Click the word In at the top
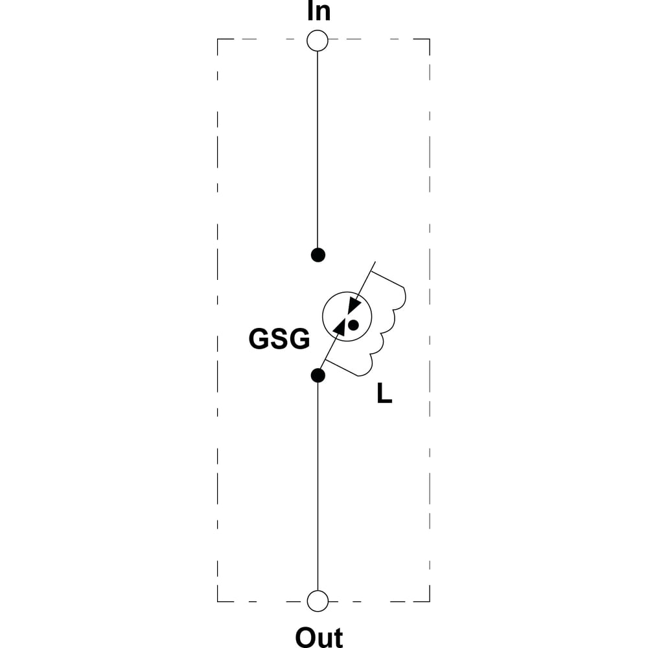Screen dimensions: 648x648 319,11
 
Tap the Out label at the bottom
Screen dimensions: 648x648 319,638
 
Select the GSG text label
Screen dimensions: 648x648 279,339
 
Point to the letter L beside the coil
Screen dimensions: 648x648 384,393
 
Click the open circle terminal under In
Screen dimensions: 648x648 318,40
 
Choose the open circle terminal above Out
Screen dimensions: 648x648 318,601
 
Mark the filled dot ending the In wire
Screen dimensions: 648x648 318,255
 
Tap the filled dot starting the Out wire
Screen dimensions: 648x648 318,375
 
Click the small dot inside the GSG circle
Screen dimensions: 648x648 353,325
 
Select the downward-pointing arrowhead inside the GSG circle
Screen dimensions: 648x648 354,306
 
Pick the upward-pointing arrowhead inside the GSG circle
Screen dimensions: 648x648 339,327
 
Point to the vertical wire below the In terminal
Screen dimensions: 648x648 318,149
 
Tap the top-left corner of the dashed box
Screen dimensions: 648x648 217,40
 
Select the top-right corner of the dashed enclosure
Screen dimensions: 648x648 430,40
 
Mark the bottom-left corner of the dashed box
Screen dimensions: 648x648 217,601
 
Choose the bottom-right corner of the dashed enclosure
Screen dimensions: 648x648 430,601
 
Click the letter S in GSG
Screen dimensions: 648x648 279,339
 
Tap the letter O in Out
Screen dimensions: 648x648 305,638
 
